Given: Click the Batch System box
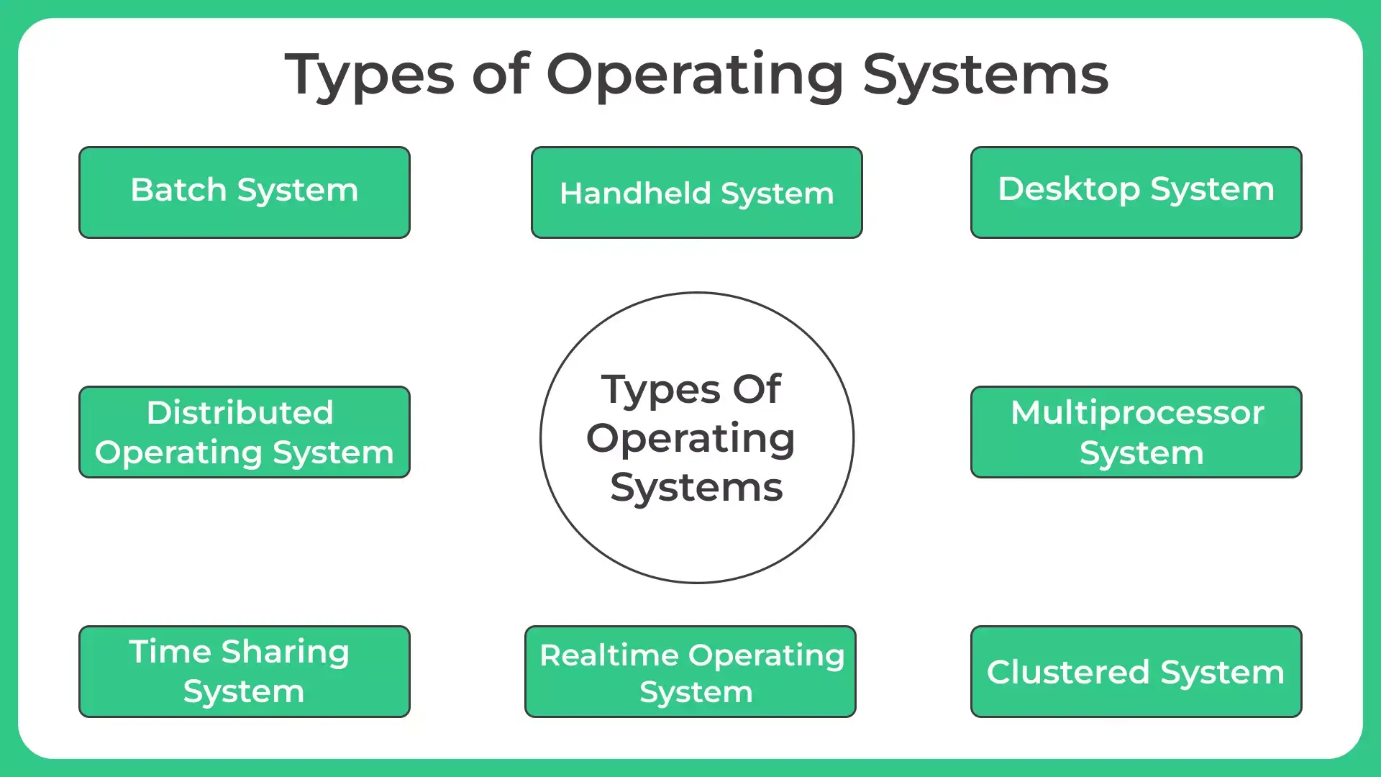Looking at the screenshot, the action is pos(245,192).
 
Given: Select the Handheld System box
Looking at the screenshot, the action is pos(696,192).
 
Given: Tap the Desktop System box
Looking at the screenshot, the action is pos(1136,192).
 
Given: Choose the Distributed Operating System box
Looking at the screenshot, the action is pos(245,432).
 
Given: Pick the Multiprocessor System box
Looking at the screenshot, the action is pos(1136,432).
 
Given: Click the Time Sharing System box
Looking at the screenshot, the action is pos(245,671).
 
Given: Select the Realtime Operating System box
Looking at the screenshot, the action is pos(690,671).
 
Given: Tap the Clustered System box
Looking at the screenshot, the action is pos(1136,671).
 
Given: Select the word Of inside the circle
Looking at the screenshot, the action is pos(757,389).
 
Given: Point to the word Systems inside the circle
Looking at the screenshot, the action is pos(696,488).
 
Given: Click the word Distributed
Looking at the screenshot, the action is pos(240,412).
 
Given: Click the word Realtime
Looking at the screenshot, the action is pos(609,655).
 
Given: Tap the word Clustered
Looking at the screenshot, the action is pos(1068,672).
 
